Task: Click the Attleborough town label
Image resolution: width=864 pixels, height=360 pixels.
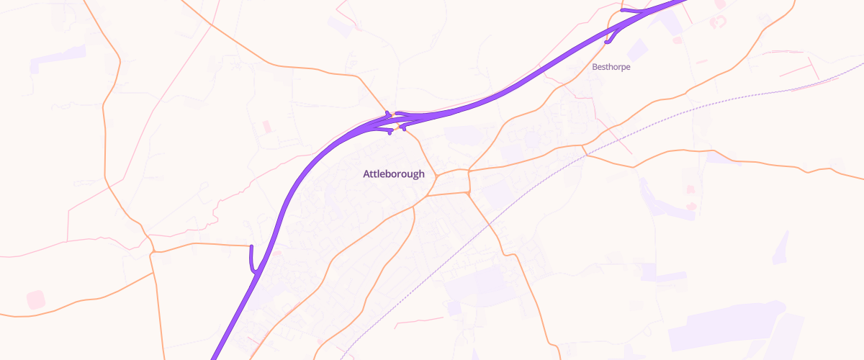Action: coord(394,174)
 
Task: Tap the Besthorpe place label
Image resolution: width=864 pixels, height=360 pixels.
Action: coord(611,67)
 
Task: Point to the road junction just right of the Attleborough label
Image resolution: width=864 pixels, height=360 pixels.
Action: coord(436,175)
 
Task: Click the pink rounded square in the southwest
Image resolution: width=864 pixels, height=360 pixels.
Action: coord(35,300)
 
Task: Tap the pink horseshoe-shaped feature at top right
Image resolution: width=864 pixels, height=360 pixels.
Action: coord(718,22)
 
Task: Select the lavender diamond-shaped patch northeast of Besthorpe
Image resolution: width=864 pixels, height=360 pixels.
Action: coord(637,50)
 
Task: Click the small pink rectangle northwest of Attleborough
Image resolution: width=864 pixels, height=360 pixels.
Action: coord(267,127)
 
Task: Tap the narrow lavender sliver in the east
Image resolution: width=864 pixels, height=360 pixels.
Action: coord(781,248)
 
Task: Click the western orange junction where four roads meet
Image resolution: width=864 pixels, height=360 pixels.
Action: coord(153,251)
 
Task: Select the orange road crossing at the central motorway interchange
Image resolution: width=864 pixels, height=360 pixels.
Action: coord(397,124)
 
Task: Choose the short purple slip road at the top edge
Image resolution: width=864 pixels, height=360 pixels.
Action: coord(632,11)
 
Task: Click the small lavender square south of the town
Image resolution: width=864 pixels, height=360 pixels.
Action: coord(454,308)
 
